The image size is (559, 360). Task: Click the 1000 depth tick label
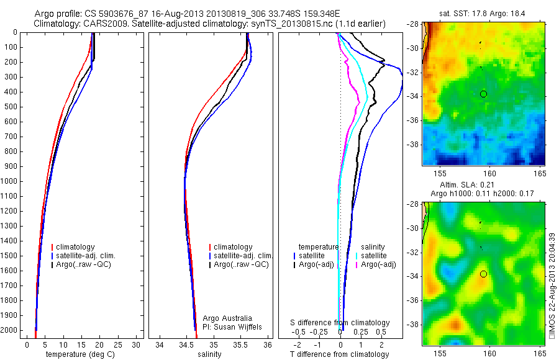click(9, 181)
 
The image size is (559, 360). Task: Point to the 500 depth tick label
click(11, 107)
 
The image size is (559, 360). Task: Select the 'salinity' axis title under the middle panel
click(208, 354)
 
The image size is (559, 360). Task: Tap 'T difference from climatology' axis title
click(340, 354)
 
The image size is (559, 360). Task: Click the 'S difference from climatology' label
click(340, 323)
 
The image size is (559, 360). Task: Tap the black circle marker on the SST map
click(483, 94)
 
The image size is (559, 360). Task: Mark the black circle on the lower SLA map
click(483, 274)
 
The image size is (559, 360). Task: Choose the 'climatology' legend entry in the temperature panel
click(74, 247)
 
